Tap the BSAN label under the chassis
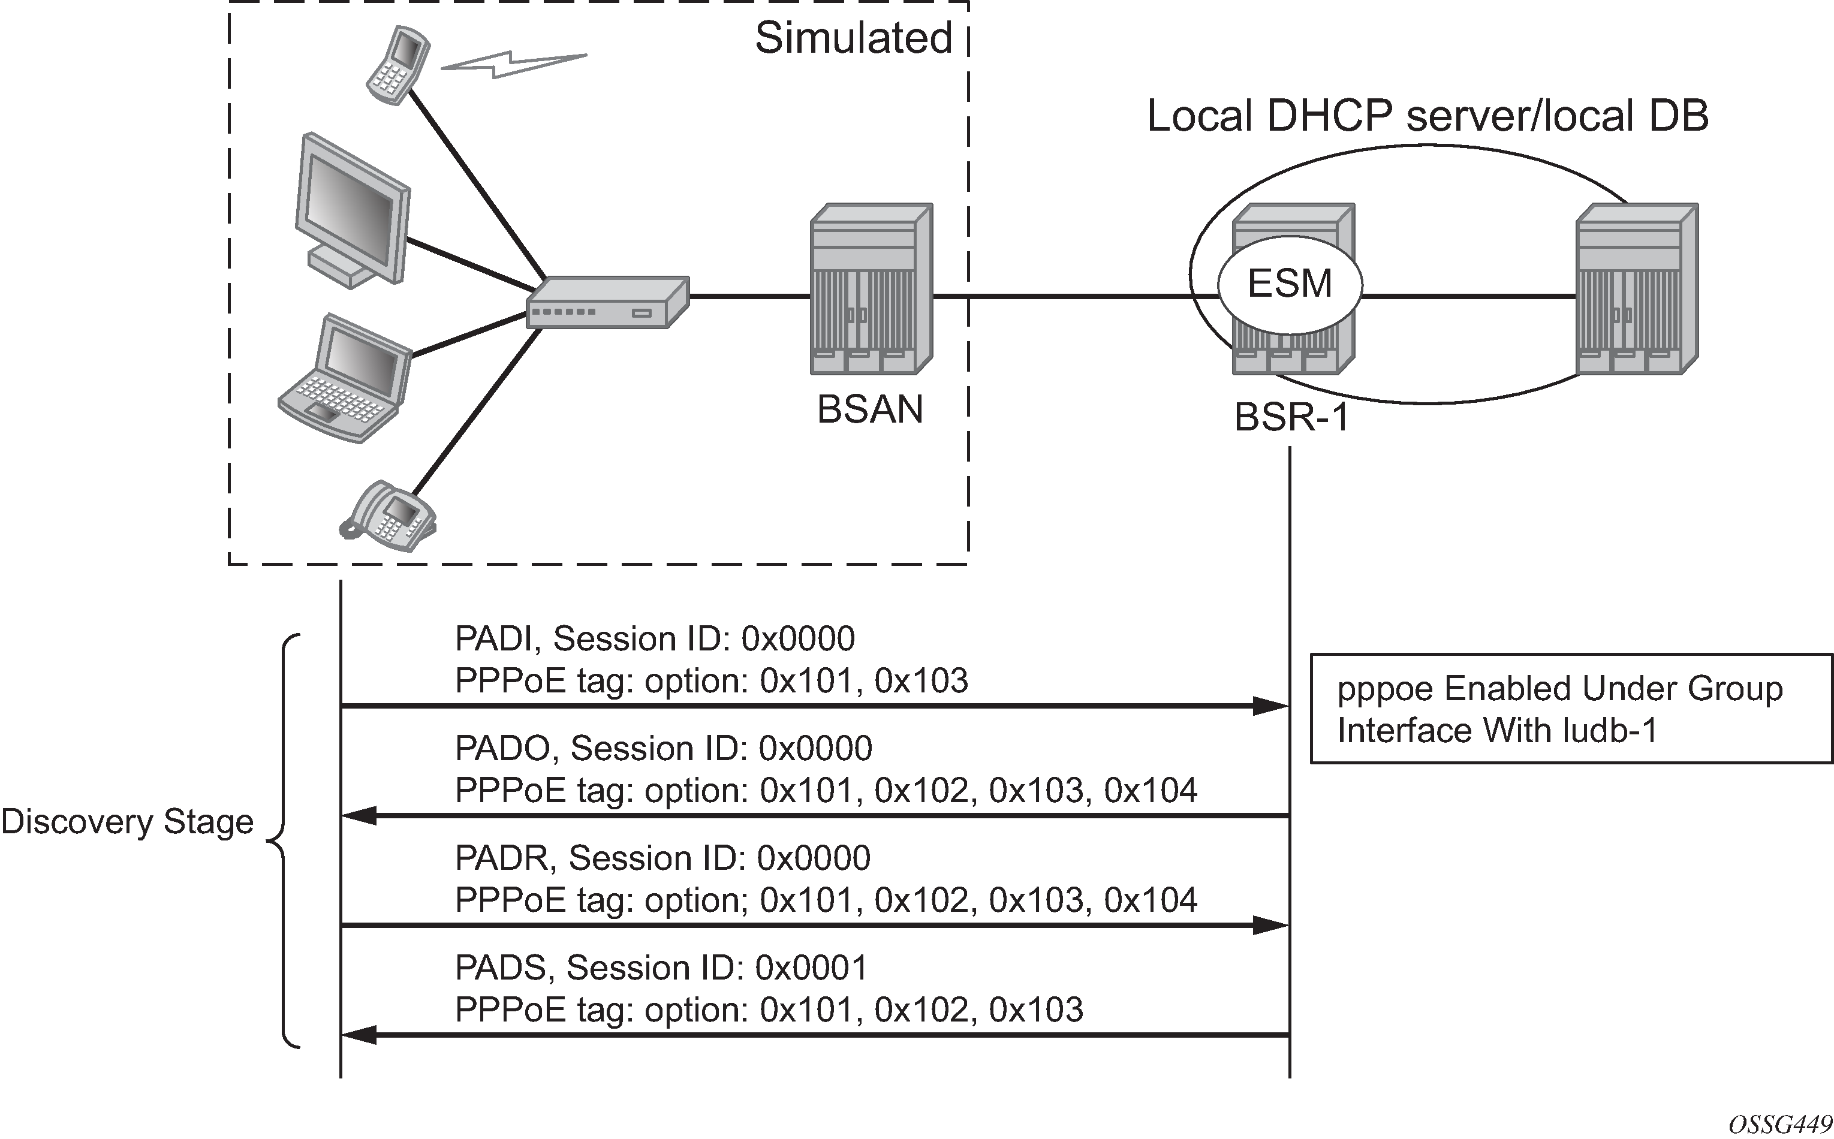click(x=870, y=410)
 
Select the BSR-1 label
click(x=1291, y=416)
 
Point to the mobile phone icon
click(x=397, y=64)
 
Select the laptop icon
click(x=345, y=379)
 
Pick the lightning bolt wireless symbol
click(x=514, y=64)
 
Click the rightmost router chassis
click(x=1637, y=290)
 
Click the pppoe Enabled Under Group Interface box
click(x=1571, y=709)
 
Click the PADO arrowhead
click(x=359, y=815)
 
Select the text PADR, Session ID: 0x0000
click(x=663, y=858)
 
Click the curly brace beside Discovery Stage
click(x=285, y=840)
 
